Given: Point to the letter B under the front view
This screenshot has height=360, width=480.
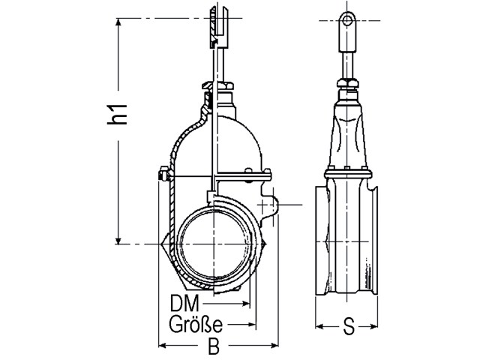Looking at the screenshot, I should (x=213, y=346).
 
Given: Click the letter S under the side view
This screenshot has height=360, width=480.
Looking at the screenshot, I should (x=348, y=327).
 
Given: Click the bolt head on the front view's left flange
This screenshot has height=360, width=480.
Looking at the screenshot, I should (x=160, y=177).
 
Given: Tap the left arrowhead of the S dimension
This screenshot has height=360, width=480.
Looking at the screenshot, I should (x=318, y=327).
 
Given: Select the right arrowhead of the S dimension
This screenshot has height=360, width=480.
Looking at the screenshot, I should (x=378, y=327).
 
